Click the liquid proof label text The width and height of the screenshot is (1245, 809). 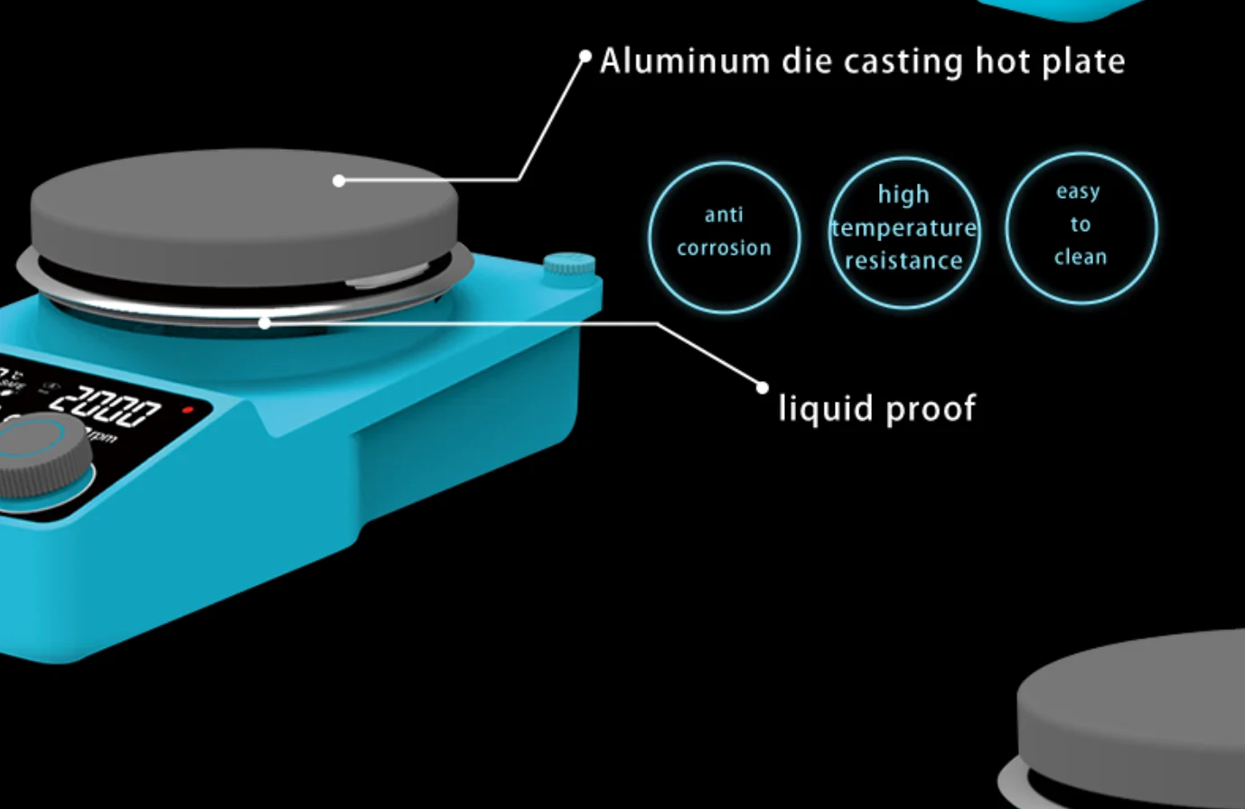876,409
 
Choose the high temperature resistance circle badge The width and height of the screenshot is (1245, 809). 903,231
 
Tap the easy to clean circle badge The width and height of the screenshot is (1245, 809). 1081,228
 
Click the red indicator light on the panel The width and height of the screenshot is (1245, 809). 188,410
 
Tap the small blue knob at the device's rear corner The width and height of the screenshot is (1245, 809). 569,264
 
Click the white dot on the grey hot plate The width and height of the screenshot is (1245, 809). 339,181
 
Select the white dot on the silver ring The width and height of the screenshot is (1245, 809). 265,322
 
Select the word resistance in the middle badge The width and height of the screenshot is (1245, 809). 903,261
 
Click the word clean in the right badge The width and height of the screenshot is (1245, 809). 1081,257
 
